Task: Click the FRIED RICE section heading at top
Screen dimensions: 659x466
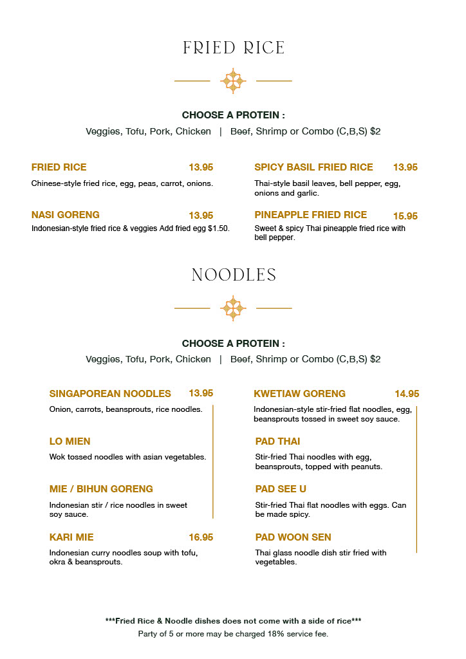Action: [233, 48]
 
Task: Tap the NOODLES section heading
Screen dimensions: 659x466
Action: [233, 275]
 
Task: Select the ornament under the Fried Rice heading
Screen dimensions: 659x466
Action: [233, 81]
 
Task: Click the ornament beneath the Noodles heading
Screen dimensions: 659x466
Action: [233, 308]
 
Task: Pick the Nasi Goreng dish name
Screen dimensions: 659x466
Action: [65, 215]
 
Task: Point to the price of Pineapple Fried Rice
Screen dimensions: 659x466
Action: [405, 216]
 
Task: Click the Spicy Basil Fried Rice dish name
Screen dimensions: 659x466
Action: [313, 167]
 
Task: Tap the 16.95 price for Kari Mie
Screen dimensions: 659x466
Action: [201, 537]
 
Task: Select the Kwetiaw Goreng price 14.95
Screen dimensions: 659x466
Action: [407, 394]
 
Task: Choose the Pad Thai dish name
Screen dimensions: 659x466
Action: [277, 441]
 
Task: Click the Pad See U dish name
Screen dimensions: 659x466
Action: [281, 489]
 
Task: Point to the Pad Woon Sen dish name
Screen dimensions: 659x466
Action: [293, 537]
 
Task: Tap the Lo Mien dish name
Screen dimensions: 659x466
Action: [70, 441]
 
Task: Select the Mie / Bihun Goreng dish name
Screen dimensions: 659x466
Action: [101, 489]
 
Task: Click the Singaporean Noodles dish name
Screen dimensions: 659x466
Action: [110, 394]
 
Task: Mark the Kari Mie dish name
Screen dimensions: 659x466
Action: [71, 537]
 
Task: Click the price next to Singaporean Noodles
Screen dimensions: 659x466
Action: [201, 393]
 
